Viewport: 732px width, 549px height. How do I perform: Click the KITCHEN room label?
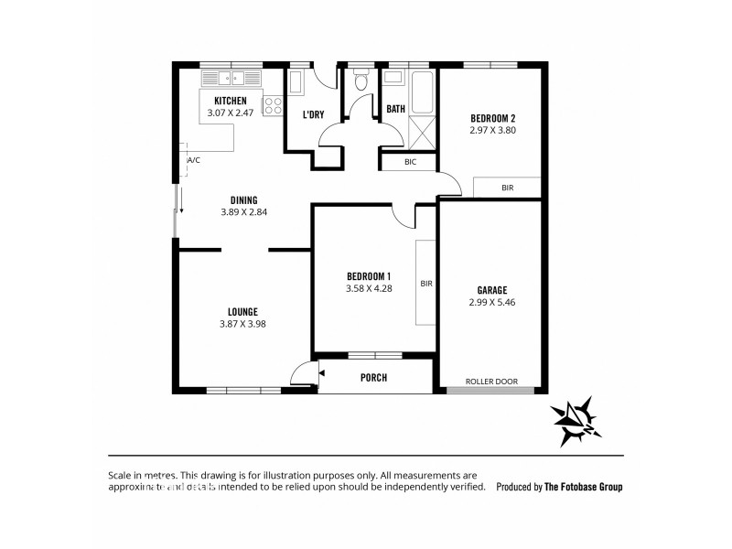point(231,101)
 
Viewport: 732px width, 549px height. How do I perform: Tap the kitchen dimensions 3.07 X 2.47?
point(231,113)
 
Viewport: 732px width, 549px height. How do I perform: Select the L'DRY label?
point(313,114)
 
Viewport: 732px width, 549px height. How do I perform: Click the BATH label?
point(395,109)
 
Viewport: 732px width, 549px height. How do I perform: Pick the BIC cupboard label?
point(409,162)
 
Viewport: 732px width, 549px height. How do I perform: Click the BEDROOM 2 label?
point(493,118)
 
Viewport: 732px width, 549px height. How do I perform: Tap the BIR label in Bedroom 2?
point(507,188)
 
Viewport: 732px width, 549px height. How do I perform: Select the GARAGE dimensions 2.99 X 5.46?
point(491,302)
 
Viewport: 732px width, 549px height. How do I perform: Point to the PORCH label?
point(373,377)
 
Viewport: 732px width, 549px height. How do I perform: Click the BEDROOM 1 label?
point(369,277)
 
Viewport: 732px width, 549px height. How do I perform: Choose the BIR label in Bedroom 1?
point(425,284)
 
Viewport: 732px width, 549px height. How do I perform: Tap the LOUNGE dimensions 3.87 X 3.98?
point(242,323)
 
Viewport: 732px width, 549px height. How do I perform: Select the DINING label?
point(243,199)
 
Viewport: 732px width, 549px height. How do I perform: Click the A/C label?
point(193,160)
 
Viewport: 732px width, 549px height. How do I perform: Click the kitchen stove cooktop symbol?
point(273,105)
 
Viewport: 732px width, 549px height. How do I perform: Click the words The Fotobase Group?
point(583,488)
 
